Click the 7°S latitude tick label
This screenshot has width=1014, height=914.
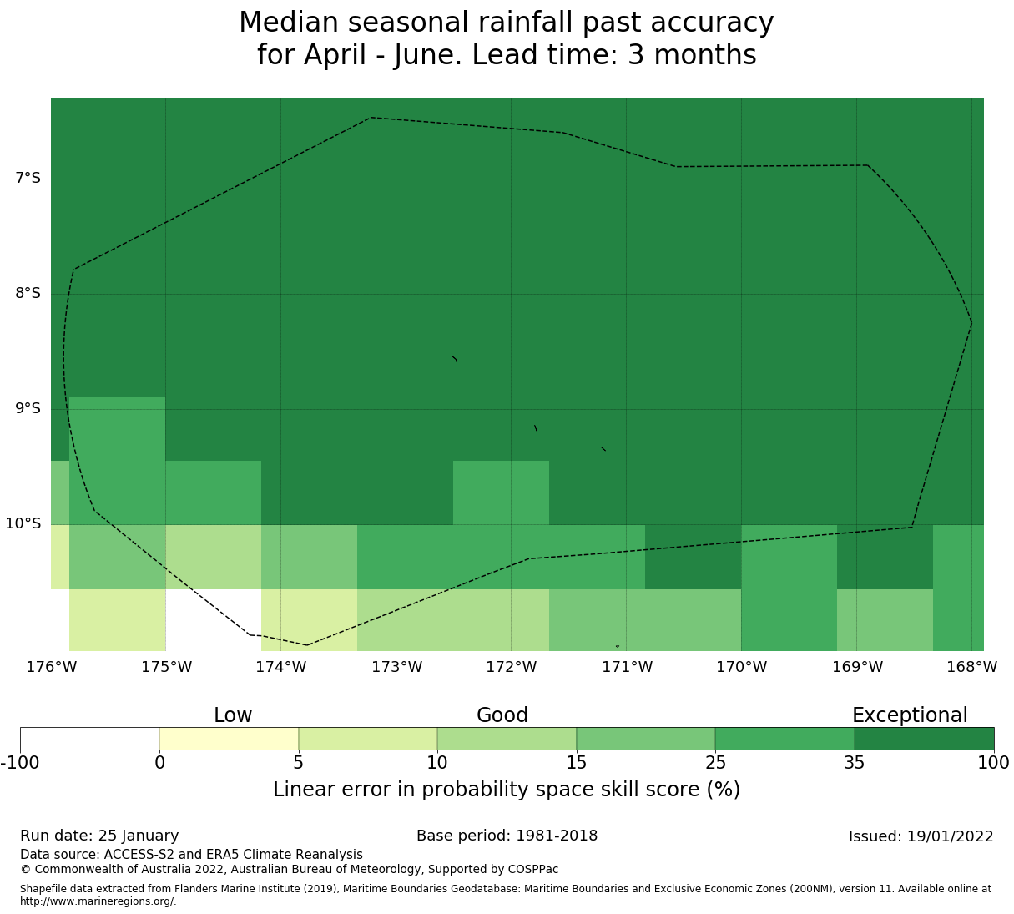coord(28,178)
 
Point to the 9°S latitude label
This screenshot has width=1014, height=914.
coord(28,408)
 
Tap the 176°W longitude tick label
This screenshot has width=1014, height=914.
coord(51,667)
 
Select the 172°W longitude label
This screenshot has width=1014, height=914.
coord(511,667)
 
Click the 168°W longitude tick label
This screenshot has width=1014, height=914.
coord(971,667)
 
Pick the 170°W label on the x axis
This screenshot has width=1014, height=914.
coord(741,667)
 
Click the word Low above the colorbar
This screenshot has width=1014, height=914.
coord(233,715)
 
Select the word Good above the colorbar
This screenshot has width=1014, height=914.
coord(502,715)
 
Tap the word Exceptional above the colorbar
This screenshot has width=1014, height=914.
coord(909,715)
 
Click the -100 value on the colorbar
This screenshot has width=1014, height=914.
coord(20,762)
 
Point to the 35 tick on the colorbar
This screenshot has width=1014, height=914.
coord(854,762)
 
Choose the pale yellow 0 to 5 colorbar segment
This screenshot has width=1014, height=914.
coord(229,739)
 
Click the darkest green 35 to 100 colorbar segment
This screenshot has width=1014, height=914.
coord(924,739)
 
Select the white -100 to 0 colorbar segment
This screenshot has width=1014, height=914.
coord(89,739)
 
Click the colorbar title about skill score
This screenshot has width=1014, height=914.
coord(507,790)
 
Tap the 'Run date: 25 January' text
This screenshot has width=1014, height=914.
coord(99,836)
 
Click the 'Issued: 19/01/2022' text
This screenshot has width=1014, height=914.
coord(921,836)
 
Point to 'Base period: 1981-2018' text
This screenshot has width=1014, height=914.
coord(507,836)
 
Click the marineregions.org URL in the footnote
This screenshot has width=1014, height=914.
coord(98,901)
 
